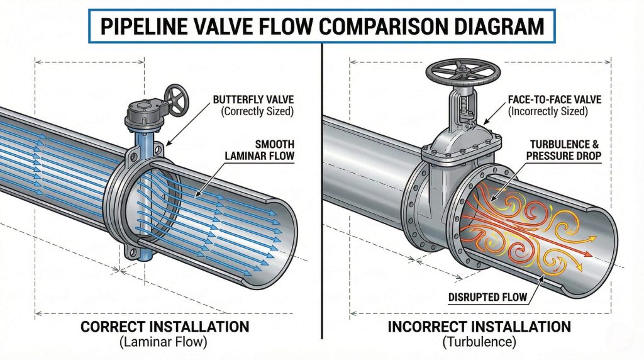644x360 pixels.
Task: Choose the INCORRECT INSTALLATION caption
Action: coord(479,327)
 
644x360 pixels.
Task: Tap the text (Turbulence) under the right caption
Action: coord(479,343)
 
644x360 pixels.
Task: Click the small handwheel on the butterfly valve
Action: coord(175,96)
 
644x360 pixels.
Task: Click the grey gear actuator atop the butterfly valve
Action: coord(143,114)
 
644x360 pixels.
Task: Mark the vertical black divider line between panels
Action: coord(321,189)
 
